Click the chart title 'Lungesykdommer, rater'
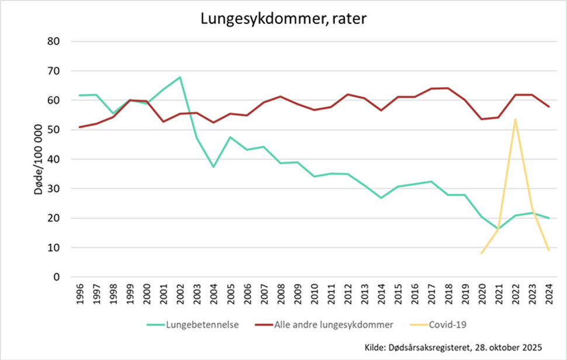283,19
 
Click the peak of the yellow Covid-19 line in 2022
516,119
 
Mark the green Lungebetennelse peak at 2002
180,77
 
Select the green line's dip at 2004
214,167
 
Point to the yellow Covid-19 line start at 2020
482,253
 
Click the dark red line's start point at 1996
79,127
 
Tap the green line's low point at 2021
499,229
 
